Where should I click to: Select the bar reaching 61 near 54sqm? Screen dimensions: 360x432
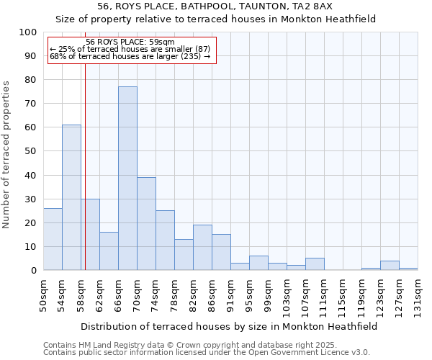pos(71,197)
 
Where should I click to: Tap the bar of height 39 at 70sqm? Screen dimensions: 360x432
pos(146,223)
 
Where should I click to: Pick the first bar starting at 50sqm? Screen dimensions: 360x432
pos(53,239)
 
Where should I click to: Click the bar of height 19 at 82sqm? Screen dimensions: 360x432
pos(202,248)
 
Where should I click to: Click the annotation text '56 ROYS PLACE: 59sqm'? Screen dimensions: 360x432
pos(130,42)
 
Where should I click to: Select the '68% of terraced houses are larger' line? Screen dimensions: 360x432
pos(130,56)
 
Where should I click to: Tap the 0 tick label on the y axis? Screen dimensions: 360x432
pos(34,271)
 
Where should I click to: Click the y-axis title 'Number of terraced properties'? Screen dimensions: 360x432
pos(7,154)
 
